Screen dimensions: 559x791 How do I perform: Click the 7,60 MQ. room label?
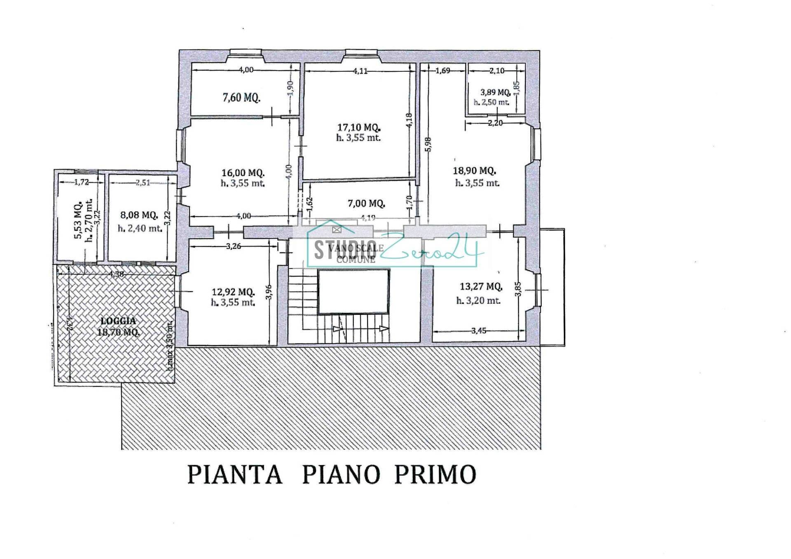tap(241, 98)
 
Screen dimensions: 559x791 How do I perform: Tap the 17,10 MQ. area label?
tap(358, 128)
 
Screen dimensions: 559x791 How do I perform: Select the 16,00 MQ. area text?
tap(243, 173)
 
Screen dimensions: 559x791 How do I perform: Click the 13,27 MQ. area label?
tap(480, 286)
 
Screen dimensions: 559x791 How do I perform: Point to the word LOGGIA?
tap(119, 321)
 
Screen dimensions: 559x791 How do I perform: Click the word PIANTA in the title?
tap(235, 475)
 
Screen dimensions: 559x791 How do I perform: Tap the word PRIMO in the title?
tap(435, 475)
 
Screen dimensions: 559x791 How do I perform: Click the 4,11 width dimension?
tap(360, 71)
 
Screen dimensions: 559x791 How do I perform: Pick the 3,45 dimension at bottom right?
tap(478, 330)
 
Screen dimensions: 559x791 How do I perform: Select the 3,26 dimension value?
tap(233, 246)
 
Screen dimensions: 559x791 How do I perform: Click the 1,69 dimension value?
tap(442, 70)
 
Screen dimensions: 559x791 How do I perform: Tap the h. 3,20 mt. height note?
tap(478, 301)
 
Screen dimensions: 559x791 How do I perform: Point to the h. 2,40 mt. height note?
tap(140, 228)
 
